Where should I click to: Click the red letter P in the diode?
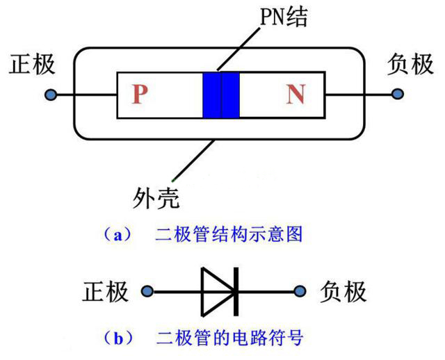click(140, 95)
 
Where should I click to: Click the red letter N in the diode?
click(295, 95)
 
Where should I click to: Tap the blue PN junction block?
click(220, 95)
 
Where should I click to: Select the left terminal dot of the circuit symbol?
click(147, 291)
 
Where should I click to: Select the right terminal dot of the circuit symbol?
click(300, 291)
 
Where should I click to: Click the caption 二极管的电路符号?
click(229, 338)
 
